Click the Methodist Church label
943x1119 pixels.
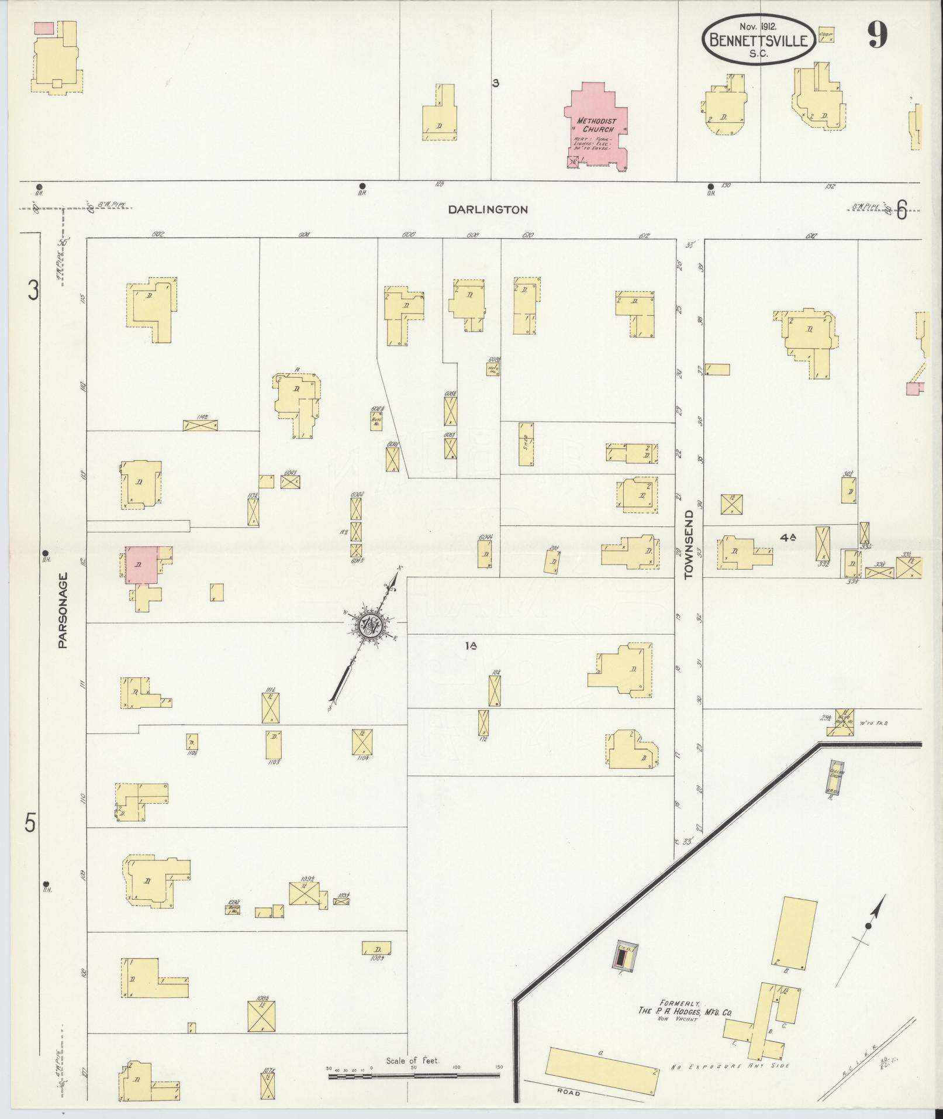click(x=596, y=125)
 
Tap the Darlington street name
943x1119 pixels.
click(x=488, y=209)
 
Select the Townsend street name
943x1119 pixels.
click(x=688, y=544)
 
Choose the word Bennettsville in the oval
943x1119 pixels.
click(x=758, y=40)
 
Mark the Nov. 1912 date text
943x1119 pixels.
click(x=758, y=27)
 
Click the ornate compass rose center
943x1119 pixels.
click(x=369, y=624)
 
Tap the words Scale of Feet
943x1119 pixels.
click(x=413, y=1061)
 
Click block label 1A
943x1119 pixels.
click(x=472, y=646)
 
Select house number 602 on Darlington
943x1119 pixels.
click(x=157, y=234)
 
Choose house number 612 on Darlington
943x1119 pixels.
click(x=644, y=235)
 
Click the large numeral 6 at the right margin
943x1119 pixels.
click(x=901, y=210)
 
